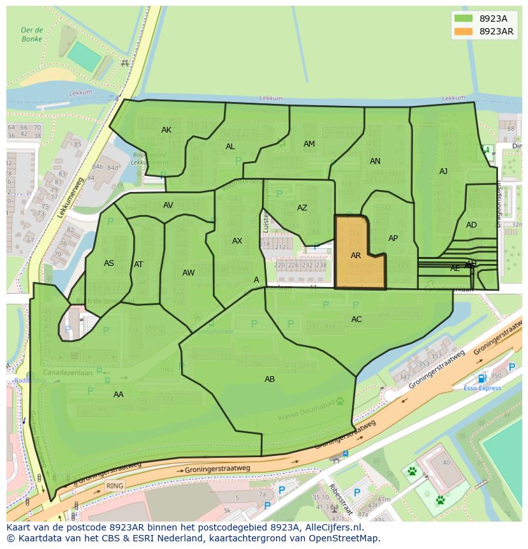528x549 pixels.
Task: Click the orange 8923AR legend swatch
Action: click(464, 32)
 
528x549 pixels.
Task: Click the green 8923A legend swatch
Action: click(464, 18)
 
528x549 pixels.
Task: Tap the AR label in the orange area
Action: click(356, 256)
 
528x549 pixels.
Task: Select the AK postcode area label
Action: click(166, 130)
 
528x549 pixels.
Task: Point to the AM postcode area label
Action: click(309, 144)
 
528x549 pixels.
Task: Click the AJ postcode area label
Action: click(443, 172)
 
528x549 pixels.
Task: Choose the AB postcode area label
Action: click(270, 379)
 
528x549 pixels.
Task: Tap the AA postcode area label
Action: click(119, 395)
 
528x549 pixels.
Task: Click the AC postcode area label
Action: click(356, 319)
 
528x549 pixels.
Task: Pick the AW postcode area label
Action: click(189, 273)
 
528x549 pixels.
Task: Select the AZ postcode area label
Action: click(302, 208)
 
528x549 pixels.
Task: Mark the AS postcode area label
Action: click(109, 263)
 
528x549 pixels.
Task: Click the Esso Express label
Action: click(481, 388)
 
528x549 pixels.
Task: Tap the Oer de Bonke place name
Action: click(31, 34)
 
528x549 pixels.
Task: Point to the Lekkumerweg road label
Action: click(71, 198)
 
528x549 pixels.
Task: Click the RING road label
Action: click(115, 485)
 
